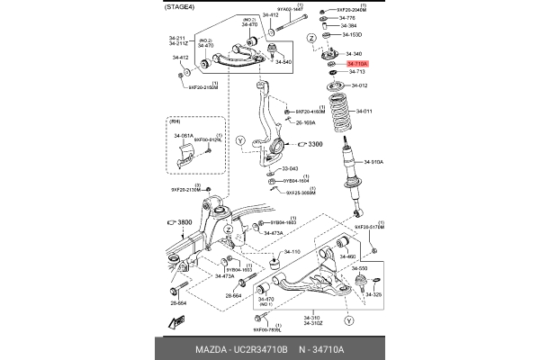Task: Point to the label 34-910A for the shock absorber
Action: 373,163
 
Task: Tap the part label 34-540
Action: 282,62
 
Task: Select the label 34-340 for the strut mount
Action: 355,54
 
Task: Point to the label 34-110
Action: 292,252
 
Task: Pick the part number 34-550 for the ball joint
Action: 359,269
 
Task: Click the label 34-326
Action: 373,294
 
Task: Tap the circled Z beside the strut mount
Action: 311,38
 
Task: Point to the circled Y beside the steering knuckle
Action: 240,140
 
